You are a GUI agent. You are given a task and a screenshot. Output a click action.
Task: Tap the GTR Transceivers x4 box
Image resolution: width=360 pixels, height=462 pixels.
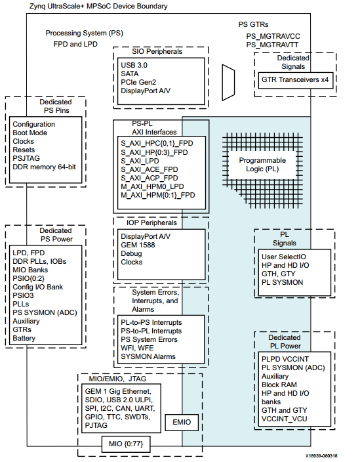tap(294, 78)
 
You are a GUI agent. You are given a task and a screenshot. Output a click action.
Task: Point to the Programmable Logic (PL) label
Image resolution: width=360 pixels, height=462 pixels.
tap(262, 165)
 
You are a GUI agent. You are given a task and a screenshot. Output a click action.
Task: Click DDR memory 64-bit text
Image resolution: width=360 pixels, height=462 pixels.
tap(44, 167)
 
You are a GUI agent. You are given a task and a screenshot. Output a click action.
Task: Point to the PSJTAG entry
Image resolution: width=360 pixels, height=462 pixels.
tap(28, 158)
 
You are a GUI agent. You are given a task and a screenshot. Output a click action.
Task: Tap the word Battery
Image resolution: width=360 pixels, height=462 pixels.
tap(25, 339)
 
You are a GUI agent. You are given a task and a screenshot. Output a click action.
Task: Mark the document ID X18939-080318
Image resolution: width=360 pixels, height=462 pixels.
tap(326, 454)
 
